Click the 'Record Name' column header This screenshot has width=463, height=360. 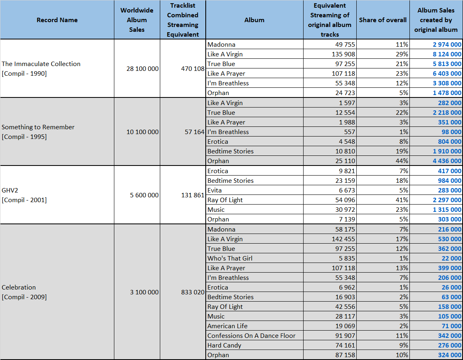(x=57, y=20)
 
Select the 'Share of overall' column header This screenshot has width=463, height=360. (x=383, y=20)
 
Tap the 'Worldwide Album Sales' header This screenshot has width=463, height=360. (x=137, y=20)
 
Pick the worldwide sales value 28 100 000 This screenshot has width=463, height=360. (x=143, y=68)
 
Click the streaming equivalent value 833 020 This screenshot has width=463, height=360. (x=192, y=292)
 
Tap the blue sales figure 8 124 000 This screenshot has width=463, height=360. (x=447, y=54)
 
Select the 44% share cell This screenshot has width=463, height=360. (x=402, y=161)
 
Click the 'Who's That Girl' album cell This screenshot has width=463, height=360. (x=230, y=259)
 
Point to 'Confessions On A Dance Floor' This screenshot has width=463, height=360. (x=251, y=336)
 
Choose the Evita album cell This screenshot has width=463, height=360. (x=214, y=190)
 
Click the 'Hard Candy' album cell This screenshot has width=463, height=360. (x=224, y=346)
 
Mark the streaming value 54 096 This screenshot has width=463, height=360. (x=345, y=200)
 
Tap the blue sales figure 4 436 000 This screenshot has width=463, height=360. (x=447, y=161)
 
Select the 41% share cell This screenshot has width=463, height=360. (x=402, y=200)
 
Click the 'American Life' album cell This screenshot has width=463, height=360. (x=227, y=326)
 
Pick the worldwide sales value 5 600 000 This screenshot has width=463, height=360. (x=144, y=195)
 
